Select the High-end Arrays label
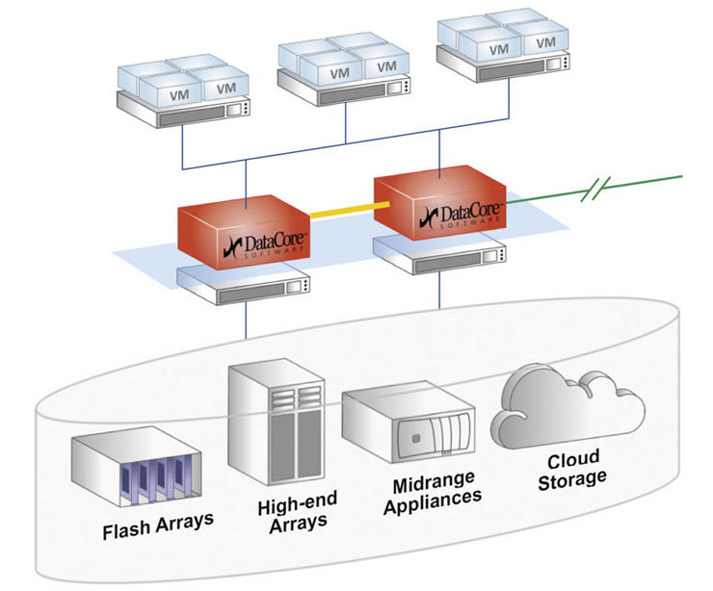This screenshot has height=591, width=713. [292, 513]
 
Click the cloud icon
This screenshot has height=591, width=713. [567, 409]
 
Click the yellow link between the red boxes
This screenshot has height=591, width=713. [342, 207]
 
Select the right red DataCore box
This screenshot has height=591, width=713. [439, 202]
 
